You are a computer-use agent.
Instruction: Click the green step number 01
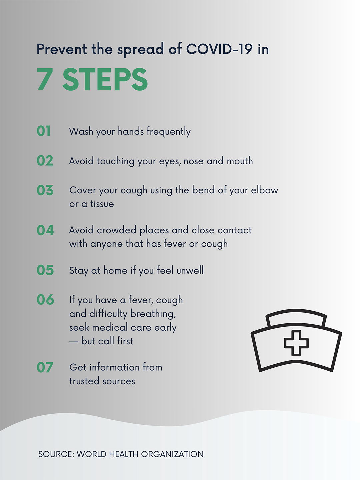[44, 131]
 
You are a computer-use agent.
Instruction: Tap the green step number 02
[45, 161]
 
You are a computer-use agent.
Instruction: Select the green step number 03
[45, 190]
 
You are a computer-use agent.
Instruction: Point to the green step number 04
[45, 230]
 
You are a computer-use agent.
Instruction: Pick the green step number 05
[45, 270]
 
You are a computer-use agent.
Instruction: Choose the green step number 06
[45, 300]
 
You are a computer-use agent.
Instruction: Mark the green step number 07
[45, 367]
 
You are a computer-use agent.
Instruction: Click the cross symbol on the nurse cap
[296, 343]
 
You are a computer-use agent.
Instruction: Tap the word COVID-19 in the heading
[219, 49]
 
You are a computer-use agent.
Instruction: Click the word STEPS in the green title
[105, 80]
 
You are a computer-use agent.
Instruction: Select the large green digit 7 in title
[45, 80]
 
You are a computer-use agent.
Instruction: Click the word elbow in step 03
[264, 190]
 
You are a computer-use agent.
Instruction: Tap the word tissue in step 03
[102, 204]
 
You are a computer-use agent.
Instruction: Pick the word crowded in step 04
[116, 230]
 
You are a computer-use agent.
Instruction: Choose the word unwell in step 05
[190, 270]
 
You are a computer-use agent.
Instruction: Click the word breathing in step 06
[153, 314]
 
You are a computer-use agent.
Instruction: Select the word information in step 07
[114, 367]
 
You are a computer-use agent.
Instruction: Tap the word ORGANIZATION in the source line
[172, 454]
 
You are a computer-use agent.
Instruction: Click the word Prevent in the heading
[61, 49]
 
